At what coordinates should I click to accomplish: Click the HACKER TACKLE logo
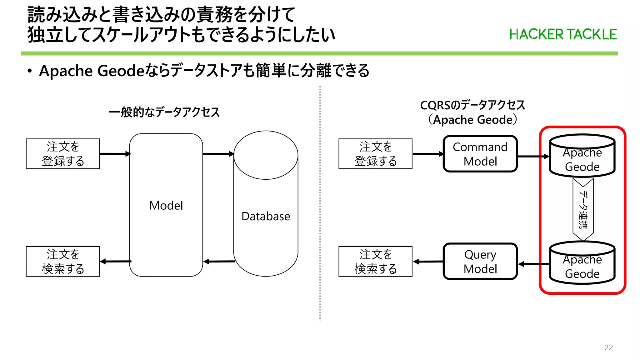point(563,34)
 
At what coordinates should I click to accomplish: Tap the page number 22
point(608,347)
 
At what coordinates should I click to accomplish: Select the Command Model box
point(480,154)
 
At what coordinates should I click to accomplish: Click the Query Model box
point(480,262)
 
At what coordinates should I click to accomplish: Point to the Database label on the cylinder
point(266,216)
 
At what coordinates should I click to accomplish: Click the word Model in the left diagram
point(166,206)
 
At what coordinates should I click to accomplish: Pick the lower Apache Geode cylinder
point(582,263)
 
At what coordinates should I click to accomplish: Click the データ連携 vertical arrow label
point(583,209)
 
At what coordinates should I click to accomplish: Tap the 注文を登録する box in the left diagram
point(63,154)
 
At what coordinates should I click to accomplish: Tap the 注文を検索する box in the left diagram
point(63,262)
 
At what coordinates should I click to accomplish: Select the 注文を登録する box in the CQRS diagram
point(375,154)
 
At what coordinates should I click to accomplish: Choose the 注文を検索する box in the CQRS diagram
point(375,262)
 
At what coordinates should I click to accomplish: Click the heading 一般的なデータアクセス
point(164,112)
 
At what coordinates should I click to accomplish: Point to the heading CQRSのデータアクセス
point(472,105)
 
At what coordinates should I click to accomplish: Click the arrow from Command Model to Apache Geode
point(533,156)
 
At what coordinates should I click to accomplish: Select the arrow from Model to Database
point(218,154)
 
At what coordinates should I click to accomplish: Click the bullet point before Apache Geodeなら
point(30,71)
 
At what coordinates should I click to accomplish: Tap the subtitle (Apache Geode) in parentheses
point(472,120)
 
